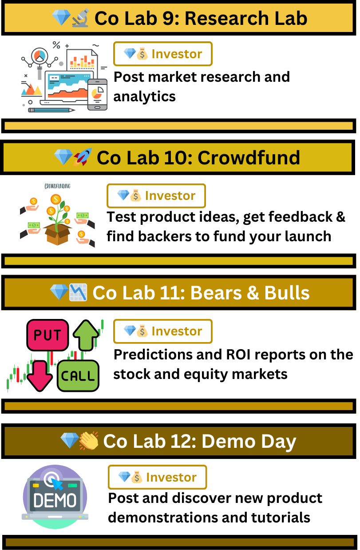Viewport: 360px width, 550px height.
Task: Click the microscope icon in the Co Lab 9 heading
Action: click(x=80, y=18)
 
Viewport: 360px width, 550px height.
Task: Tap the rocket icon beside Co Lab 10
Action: click(x=83, y=157)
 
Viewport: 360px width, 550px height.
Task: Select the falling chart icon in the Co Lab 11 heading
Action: click(x=78, y=292)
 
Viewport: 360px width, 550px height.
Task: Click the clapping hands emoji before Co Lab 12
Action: click(x=89, y=441)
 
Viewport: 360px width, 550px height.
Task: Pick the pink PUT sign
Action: click(x=47, y=335)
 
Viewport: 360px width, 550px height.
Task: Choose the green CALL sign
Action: click(x=78, y=376)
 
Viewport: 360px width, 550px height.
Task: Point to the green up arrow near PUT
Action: click(x=86, y=335)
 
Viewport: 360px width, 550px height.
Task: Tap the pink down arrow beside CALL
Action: click(x=40, y=376)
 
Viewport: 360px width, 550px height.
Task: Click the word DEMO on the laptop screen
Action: click(x=55, y=500)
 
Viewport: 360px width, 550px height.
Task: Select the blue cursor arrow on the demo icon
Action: click(x=57, y=484)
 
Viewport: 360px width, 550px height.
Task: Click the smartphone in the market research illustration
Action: click(x=97, y=95)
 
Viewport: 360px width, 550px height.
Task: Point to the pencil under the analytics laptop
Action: click(x=51, y=110)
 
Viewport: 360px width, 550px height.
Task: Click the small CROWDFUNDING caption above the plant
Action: click(x=57, y=186)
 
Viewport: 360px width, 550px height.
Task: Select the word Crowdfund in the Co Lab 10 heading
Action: click(x=249, y=157)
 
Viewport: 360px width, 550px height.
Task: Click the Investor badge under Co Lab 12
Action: click(x=157, y=477)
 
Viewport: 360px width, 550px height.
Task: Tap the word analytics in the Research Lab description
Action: click(x=145, y=96)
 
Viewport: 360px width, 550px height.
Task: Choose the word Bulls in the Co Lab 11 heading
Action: click(x=287, y=293)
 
